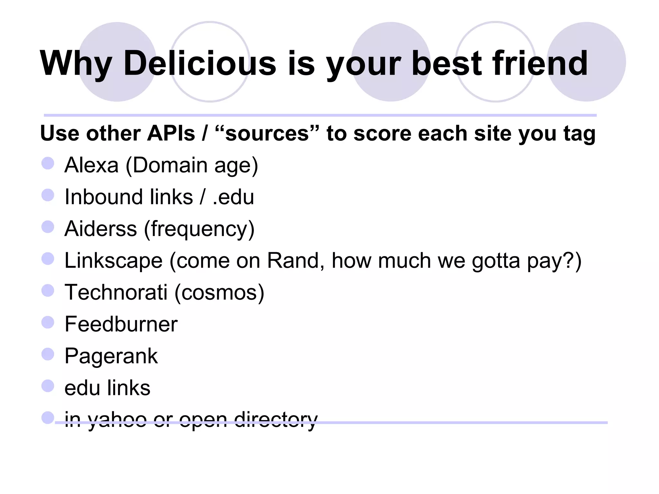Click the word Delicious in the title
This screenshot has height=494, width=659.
click(x=200, y=63)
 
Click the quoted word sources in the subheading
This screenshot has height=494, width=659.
click(x=267, y=133)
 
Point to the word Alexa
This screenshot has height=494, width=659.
click(x=91, y=165)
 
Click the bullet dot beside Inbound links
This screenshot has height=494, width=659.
click(x=48, y=195)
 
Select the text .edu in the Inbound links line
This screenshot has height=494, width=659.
click(x=233, y=197)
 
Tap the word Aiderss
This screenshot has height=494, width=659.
click(x=101, y=229)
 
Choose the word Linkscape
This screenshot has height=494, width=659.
click(x=114, y=260)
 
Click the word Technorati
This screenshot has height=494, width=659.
click(x=116, y=292)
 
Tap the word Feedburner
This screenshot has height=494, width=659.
click(x=121, y=324)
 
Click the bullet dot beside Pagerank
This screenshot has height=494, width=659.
click(x=48, y=354)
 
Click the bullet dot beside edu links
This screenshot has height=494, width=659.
click(x=48, y=386)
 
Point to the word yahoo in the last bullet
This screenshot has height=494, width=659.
click(x=117, y=420)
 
